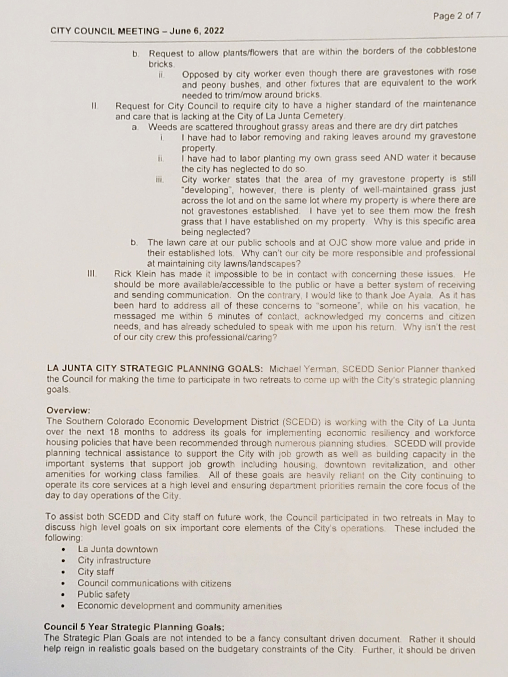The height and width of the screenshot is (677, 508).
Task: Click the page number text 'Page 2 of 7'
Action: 457,16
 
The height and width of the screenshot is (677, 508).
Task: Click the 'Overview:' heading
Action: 68,410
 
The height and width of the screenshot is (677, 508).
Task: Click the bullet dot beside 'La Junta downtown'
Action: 63,550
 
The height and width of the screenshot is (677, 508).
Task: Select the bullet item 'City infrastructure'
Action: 114,561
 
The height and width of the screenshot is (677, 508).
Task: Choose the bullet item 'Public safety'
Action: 104,595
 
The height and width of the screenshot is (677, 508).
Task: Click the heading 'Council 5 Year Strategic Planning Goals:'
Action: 134,627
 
